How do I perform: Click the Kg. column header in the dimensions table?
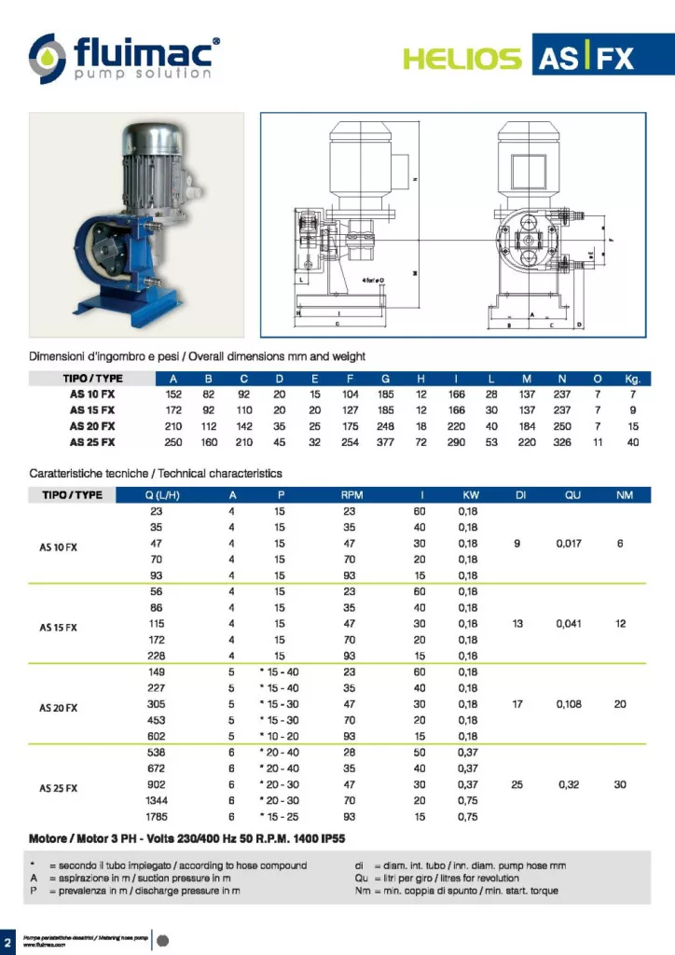point(633,379)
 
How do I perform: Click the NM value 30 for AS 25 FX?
point(620,784)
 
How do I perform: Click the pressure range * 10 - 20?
point(279,736)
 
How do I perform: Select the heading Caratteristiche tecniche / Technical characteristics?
point(155,474)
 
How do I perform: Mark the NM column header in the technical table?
point(624,495)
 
